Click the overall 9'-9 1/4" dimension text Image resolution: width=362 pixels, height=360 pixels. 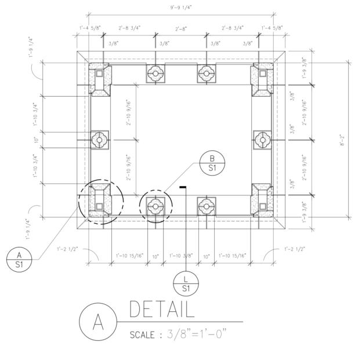point(181,8)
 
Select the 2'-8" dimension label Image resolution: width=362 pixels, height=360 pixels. point(181,27)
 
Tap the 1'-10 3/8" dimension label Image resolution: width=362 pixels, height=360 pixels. point(180,255)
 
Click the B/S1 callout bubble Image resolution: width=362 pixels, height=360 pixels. point(212,163)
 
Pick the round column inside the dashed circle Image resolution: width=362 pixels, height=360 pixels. point(155,205)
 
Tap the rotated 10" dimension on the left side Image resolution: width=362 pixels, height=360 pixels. point(36,140)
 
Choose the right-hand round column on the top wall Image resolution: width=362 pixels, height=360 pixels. point(205,73)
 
